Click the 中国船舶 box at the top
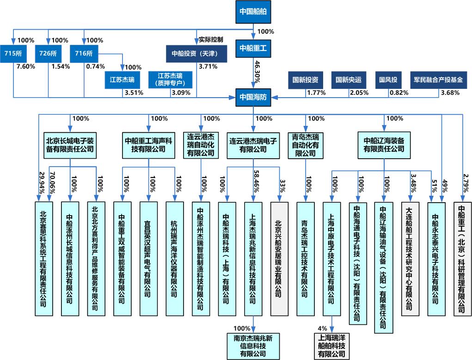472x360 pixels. pos(253,11)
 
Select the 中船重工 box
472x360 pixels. pos(253,48)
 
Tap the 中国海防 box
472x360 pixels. pos(253,97)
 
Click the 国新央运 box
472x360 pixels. pos(349,80)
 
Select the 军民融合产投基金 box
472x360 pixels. pos(438,80)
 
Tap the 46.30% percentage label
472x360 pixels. pos(257,72)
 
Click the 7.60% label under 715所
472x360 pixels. pos(25,66)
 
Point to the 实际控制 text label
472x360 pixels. pos(211,39)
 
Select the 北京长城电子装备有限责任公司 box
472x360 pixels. pos(70,144)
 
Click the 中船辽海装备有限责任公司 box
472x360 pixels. pos(384,144)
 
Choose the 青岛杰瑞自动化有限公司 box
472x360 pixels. pos(305,145)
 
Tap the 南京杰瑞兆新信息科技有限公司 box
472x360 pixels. pos(253,346)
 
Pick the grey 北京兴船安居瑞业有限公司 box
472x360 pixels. pos(278,259)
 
